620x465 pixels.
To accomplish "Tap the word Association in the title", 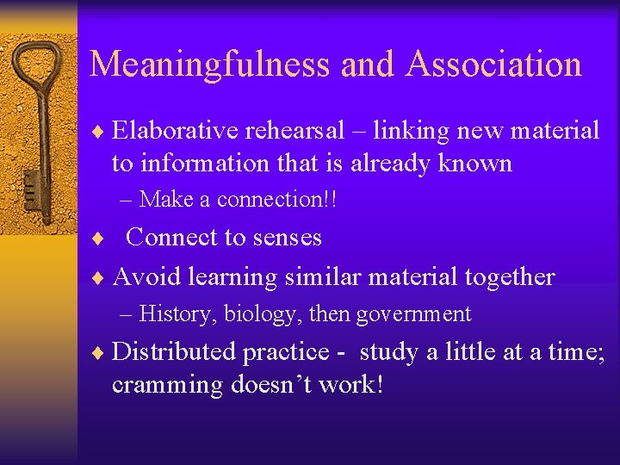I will pos(495,65).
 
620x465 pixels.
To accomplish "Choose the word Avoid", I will pos(144,276).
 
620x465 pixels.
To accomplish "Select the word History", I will pos(177,314).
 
